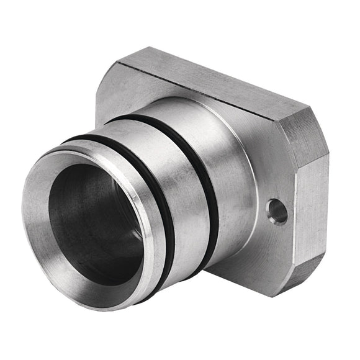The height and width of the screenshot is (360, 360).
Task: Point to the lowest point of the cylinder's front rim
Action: point(93,304)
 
